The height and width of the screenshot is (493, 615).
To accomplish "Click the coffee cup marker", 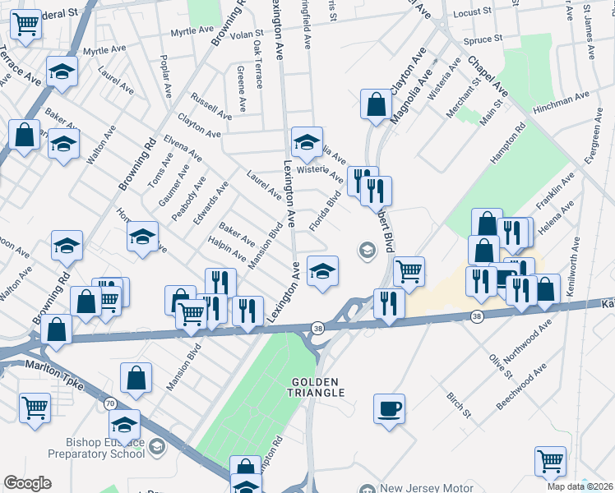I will point(389,408).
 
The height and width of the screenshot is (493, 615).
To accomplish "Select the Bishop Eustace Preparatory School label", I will point(97,448).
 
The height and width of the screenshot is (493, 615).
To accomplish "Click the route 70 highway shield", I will point(110,403).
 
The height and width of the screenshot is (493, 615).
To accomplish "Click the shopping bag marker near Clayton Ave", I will point(377,105).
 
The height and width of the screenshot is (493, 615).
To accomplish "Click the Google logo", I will point(27,483).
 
